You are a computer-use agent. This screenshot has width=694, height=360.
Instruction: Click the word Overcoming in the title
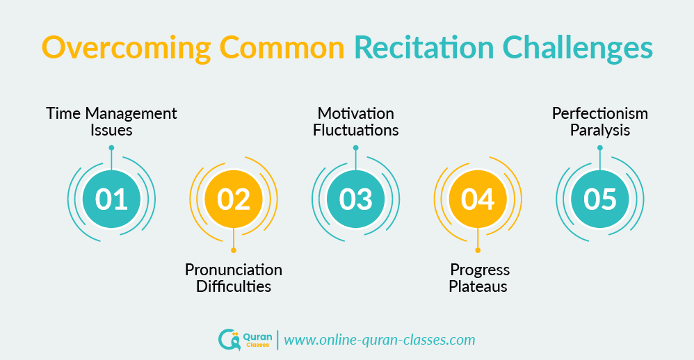pyautogui.click(x=124, y=49)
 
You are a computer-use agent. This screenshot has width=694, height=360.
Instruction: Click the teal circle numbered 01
pyautogui.click(x=111, y=199)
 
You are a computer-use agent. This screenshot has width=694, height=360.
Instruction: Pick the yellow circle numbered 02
pyautogui.click(x=234, y=199)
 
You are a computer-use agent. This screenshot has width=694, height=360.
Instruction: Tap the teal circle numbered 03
pyautogui.click(x=356, y=199)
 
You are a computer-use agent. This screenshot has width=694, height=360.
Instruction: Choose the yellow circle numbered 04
pyautogui.click(x=478, y=199)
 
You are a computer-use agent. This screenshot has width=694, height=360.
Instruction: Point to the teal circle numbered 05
pyautogui.click(x=600, y=199)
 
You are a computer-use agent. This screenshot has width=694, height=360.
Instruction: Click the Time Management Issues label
pyautogui.click(x=111, y=122)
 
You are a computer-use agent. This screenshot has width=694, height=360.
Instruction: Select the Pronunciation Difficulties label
pyautogui.click(x=234, y=277)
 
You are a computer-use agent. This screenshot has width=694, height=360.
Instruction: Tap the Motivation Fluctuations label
pyautogui.click(x=356, y=122)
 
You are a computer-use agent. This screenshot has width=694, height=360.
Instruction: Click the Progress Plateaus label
pyautogui.click(x=478, y=277)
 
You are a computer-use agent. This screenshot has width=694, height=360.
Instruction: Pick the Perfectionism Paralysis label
pyautogui.click(x=600, y=122)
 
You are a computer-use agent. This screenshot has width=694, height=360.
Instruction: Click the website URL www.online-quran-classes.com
pyautogui.click(x=380, y=340)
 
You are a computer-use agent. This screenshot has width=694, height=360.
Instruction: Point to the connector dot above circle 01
pyautogui.click(x=111, y=147)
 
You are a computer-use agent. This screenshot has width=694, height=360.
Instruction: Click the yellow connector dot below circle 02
pyautogui.click(x=234, y=250)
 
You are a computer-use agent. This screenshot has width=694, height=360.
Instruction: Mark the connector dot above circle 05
pyautogui.click(x=600, y=147)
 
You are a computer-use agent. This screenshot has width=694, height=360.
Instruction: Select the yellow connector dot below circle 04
pyautogui.click(x=478, y=250)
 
